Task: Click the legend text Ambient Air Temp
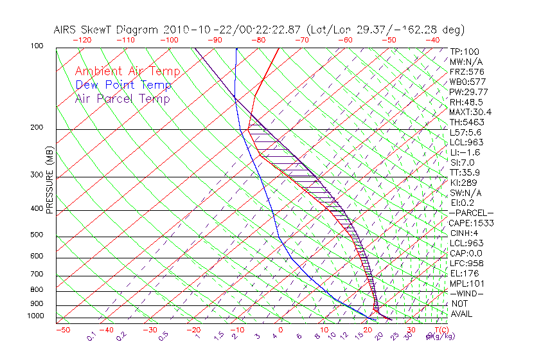click(x=127, y=71)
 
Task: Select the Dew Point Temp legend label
click(x=123, y=85)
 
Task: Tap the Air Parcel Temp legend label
click(x=123, y=98)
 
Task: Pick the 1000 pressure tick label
click(x=37, y=316)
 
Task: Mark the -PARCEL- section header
click(x=471, y=213)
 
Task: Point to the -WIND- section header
click(x=466, y=293)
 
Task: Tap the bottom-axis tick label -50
click(x=62, y=330)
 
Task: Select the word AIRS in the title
click(x=67, y=30)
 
